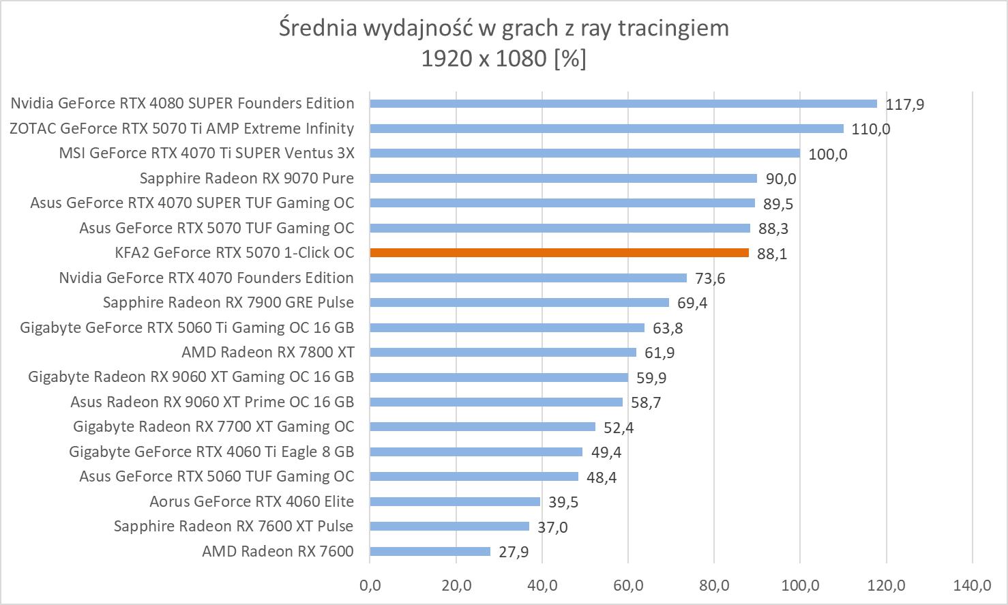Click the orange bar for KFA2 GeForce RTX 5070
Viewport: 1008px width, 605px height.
[x=559, y=253]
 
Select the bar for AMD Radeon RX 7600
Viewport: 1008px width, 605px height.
[x=430, y=551]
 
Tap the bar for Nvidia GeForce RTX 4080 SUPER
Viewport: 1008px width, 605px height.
[x=623, y=104]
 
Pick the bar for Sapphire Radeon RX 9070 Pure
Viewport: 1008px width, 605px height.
[x=563, y=179]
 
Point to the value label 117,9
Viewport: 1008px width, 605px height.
[x=905, y=105]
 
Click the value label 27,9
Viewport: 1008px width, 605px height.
[x=514, y=552]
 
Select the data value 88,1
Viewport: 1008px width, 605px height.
[x=772, y=254]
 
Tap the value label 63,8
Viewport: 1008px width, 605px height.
[x=668, y=329]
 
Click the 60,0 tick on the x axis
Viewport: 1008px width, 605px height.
[x=628, y=585]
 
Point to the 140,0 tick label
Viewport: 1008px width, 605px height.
[x=972, y=585]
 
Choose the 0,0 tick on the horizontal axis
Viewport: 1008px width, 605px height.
[x=370, y=585]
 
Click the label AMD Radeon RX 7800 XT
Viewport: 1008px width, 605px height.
[x=268, y=353]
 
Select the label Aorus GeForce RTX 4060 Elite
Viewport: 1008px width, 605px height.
[x=252, y=502]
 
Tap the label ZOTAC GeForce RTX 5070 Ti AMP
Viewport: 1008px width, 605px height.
[x=182, y=129]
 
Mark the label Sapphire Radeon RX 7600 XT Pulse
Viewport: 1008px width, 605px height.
[x=234, y=527]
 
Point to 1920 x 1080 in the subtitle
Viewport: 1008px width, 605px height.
[x=484, y=59]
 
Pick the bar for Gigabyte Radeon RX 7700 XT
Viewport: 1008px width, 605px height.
[x=482, y=427]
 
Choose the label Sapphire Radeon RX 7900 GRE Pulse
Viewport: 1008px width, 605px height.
[x=228, y=303]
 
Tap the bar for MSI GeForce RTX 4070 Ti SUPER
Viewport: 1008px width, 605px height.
[x=584, y=153]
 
